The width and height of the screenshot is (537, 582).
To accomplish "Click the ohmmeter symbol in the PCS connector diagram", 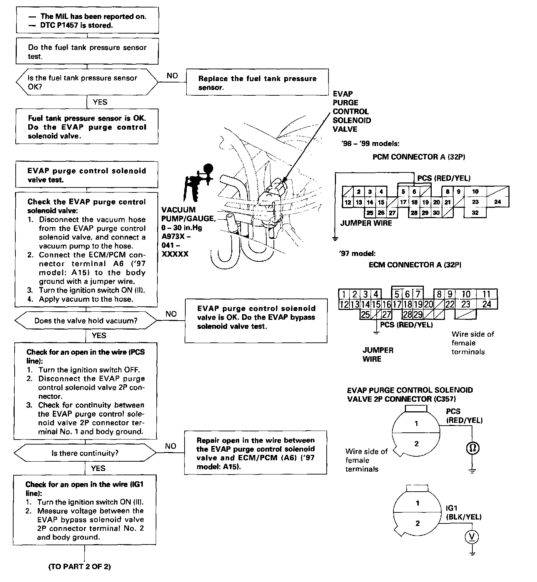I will coord(472,448).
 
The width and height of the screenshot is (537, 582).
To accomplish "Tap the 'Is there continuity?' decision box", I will coord(85,453).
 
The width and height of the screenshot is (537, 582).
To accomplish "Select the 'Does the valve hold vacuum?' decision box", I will coord(86,321).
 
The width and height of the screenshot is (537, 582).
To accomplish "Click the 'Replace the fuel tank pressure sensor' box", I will coord(257,82).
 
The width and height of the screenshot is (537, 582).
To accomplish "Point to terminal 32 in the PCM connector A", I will coord(475,213).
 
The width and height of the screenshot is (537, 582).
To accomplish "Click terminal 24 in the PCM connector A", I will coord(497,202).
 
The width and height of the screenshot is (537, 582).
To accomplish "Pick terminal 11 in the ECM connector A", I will coord(487,294).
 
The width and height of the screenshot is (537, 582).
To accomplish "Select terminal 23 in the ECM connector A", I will coord(466,304).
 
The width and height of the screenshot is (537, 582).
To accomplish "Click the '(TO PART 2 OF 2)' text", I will coord(80,567).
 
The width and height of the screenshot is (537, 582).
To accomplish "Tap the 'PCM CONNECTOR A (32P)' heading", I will coord(418,157).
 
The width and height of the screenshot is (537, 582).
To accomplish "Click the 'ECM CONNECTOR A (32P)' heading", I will coord(415,265).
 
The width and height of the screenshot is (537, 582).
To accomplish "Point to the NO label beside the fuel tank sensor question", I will coord(172,76).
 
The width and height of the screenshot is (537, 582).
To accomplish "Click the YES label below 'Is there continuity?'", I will coord(98,468).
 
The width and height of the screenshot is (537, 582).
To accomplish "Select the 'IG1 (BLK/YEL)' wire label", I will coord(463,512).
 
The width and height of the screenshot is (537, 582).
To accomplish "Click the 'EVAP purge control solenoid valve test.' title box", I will coord(87,175).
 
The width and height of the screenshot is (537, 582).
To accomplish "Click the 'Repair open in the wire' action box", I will coord(255,453).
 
